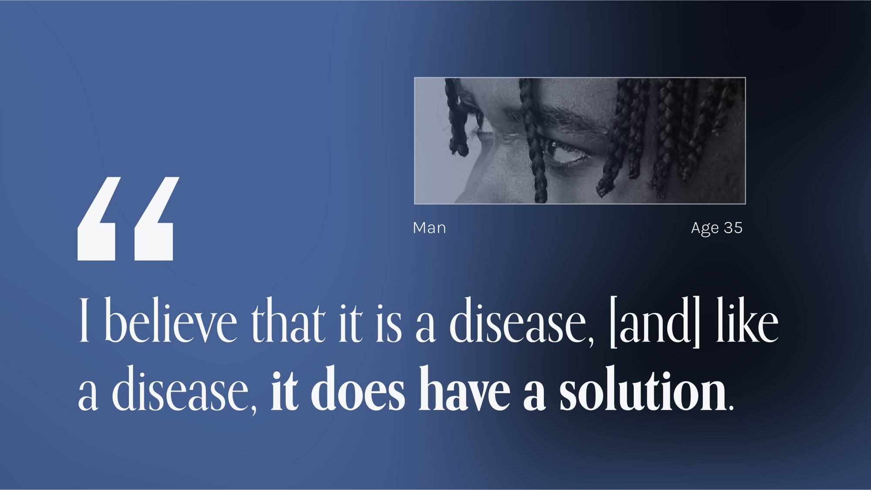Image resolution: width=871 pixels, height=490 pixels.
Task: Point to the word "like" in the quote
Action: (x=747, y=320)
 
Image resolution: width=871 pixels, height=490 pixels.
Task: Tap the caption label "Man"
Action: (x=429, y=228)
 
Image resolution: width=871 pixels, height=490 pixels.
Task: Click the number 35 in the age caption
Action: (x=733, y=228)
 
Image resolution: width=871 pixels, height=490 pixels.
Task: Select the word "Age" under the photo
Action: (x=705, y=229)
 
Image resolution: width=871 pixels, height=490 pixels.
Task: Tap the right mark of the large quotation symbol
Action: (x=155, y=219)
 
